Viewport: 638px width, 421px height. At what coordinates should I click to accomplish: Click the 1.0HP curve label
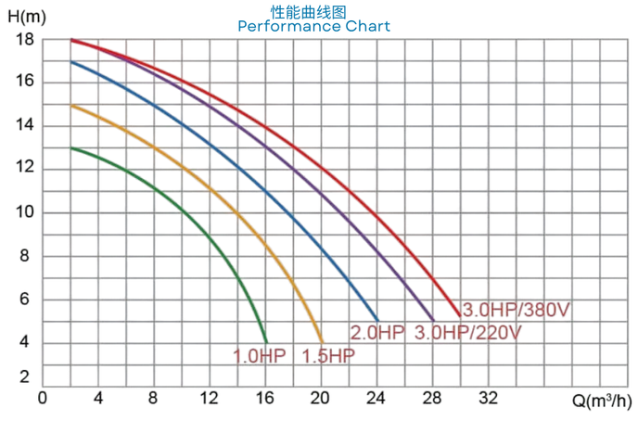click(x=260, y=355)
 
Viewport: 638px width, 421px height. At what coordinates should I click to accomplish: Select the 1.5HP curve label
click(x=328, y=355)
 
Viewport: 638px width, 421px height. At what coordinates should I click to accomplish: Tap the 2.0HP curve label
click(x=376, y=332)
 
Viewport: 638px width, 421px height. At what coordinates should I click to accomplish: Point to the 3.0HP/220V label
click(x=468, y=332)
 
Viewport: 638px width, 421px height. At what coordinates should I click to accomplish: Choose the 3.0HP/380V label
click(x=516, y=310)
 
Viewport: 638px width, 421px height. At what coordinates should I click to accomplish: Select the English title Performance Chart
click(x=313, y=26)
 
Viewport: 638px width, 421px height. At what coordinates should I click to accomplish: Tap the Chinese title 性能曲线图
click(x=313, y=10)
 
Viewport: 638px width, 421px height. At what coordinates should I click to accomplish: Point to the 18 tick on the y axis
click(x=25, y=40)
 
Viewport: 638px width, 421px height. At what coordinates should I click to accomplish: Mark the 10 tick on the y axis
click(x=25, y=212)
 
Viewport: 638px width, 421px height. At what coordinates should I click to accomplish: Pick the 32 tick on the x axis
click(x=488, y=398)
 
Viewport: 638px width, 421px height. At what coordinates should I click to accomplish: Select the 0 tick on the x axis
click(x=43, y=398)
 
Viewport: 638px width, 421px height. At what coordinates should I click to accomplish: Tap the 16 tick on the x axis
click(x=265, y=398)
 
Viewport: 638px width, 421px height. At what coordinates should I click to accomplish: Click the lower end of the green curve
click(x=266, y=342)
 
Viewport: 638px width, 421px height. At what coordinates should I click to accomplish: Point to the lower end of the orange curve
click(x=322, y=342)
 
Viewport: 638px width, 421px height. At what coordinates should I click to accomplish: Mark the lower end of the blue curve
click(x=377, y=320)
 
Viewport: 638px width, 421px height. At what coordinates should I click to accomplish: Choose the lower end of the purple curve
click(x=433, y=320)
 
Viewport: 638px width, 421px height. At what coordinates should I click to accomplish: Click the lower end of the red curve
click(x=460, y=315)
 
